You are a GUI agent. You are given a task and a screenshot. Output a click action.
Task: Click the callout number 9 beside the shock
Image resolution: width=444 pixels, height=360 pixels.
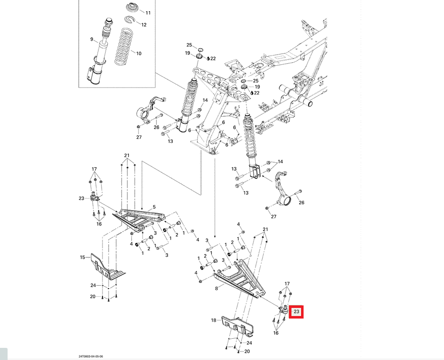pyautogui.click(x=92, y=39)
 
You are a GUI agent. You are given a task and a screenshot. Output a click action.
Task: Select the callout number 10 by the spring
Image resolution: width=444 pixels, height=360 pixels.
pyautogui.click(x=138, y=53)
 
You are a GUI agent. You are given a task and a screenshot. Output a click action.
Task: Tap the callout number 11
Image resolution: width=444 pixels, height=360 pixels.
pyautogui.click(x=148, y=12)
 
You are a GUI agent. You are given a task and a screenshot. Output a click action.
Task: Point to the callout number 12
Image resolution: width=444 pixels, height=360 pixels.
pyautogui.click(x=144, y=24)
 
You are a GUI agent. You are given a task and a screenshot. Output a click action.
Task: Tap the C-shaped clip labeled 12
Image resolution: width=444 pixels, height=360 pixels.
pyautogui.click(x=130, y=20)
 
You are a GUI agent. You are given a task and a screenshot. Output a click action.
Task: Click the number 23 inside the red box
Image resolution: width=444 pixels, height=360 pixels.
pyautogui.click(x=297, y=312)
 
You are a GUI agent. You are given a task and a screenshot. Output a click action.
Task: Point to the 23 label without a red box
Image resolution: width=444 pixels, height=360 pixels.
pyautogui.click(x=81, y=199)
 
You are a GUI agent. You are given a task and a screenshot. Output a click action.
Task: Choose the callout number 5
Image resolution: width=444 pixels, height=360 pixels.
pyautogui.click(x=154, y=207)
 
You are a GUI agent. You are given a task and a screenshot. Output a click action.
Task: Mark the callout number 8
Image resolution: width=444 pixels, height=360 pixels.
pyautogui.click(x=216, y=288)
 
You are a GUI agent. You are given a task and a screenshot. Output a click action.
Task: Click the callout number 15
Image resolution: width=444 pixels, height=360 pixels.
pyautogui.click(x=82, y=258)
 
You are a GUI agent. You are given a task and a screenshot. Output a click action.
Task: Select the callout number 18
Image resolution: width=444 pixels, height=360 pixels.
pyautogui.click(x=213, y=320)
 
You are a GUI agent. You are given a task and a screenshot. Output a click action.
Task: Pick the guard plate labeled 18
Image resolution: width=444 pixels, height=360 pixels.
pyautogui.click(x=238, y=326)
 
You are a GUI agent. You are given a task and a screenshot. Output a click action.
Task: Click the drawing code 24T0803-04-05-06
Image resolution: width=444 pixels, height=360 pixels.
pyautogui.click(x=91, y=356)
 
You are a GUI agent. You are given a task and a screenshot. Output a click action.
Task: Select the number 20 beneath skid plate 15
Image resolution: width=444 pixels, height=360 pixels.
pyautogui.click(x=93, y=296)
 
